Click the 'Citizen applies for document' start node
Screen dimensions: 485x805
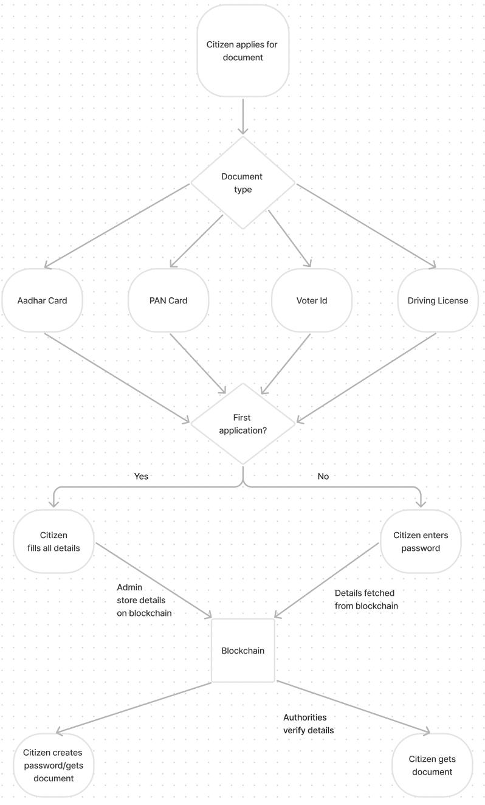pyautogui.click(x=243, y=50)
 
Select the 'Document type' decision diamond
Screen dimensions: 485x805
pyautogui.click(x=243, y=182)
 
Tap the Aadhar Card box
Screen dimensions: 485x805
pyautogui.click(x=42, y=300)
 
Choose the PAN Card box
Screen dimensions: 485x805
pyautogui.click(x=168, y=300)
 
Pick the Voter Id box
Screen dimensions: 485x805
pyautogui.click(x=311, y=300)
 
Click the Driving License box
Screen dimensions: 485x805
pyautogui.click(x=438, y=300)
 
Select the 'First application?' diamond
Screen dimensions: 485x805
pyautogui.click(x=243, y=424)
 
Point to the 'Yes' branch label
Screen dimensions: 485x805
pyautogui.click(x=141, y=476)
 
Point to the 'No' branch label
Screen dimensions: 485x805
pyautogui.click(x=323, y=476)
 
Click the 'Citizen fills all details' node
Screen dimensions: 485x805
pyautogui.click(x=53, y=541)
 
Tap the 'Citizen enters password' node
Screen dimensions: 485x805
pyautogui.click(x=421, y=541)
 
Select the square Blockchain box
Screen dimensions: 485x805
pyautogui.click(x=243, y=651)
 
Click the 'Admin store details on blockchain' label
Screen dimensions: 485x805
pyautogui.click(x=144, y=600)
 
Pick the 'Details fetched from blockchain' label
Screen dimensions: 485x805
pyautogui.click(x=366, y=599)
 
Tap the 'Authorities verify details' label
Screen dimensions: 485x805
pyautogui.click(x=308, y=724)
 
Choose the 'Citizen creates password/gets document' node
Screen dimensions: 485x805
pyautogui.click(x=53, y=765)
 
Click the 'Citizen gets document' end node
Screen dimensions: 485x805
pyautogui.click(x=432, y=765)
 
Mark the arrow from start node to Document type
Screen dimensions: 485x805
pyautogui.click(x=243, y=117)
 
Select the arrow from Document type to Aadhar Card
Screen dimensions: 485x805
pyautogui.click(x=117, y=226)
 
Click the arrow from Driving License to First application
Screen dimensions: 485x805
pyautogui.click(x=366, y=378)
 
